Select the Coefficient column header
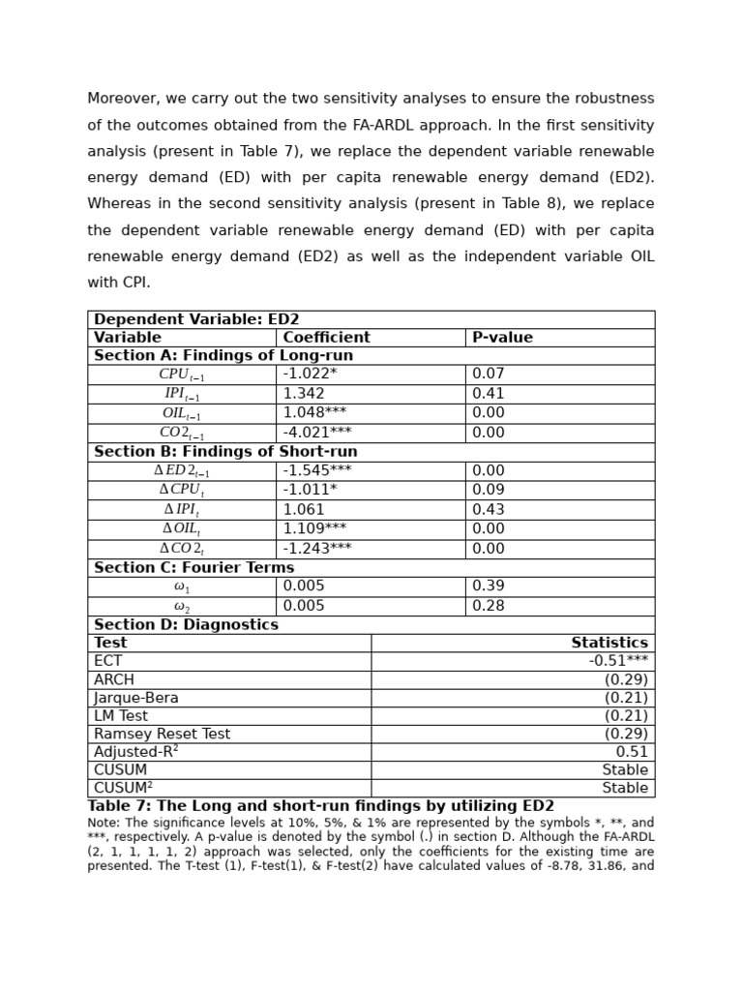(326, 338)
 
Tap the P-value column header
(502, 338)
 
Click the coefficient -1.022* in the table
(310, 375)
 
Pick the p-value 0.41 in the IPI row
(488, 394)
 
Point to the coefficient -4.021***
(316, 433)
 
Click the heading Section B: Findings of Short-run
(225, 452)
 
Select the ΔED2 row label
(182, 471)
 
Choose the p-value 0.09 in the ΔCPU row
(488, 491)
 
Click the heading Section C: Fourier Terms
(193, 568)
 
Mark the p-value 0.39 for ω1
(488, 586)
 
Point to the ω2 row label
(182, 607)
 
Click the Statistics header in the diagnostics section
(609, 643)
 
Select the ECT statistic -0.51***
(618, 661)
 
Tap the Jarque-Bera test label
(135, 698)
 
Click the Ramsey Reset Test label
(162, 735)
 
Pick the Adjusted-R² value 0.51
(632, 752)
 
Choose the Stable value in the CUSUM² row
(625, 789)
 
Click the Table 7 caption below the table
(320, 806)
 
